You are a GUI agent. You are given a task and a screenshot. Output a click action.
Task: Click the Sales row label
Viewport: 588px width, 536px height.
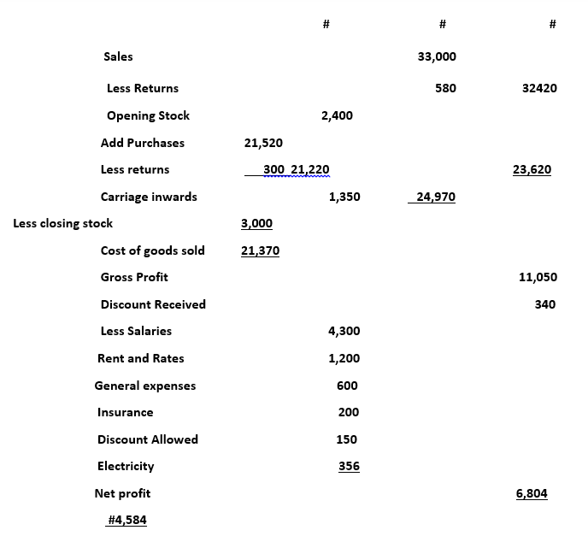click(x=118, y=56)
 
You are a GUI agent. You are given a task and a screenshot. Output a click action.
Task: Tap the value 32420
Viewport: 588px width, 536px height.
click(x=538, y=88)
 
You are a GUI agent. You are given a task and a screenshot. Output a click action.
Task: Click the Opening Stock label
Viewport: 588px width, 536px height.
click(x=148, y=115)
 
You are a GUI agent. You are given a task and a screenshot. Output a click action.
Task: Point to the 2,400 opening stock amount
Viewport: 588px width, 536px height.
click(x=337, y=115)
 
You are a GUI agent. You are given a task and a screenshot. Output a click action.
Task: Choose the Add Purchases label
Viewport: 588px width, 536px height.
click(x=142, y=143)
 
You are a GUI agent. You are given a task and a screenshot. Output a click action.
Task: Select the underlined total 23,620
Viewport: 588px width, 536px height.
click(x=532, y=169)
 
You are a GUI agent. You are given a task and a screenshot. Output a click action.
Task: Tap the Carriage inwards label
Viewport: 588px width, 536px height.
click(x=149, y=197)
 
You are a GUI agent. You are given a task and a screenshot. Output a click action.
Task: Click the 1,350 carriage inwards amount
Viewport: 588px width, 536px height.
click(x=344, y=197)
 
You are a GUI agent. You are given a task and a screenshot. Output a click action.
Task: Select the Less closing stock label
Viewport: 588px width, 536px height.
click(x=63, y=223)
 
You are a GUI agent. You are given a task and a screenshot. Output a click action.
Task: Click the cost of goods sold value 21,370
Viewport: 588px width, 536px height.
click(x=260, y=250)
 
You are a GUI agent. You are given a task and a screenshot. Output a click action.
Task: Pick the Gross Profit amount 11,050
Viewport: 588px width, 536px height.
click(x=538, y=277)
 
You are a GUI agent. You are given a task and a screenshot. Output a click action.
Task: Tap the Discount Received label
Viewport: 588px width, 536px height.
click(x=153, y=304)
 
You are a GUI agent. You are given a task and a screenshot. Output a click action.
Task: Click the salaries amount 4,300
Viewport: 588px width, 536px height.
click(x=344, y=331)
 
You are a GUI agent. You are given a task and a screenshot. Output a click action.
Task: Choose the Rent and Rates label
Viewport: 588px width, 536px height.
click(x=140, y=358)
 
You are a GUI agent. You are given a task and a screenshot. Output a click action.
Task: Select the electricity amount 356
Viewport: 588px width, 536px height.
click(x=349, y=466)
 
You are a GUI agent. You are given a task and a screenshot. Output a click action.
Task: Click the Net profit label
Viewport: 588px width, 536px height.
click(x=122, y=493)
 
